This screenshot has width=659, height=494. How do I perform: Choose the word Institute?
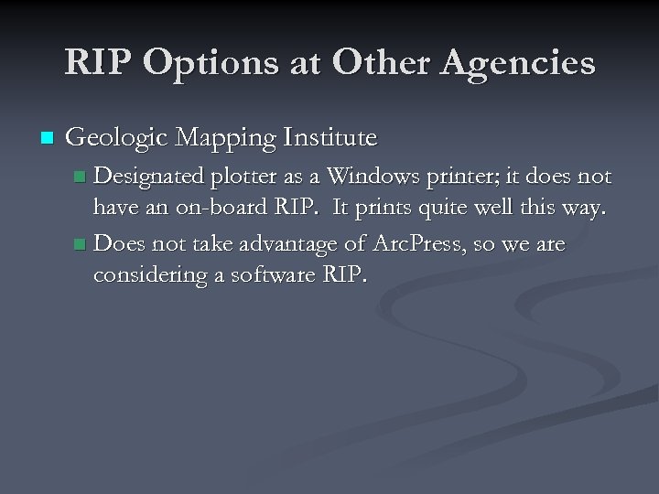[x=331, y=138]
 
